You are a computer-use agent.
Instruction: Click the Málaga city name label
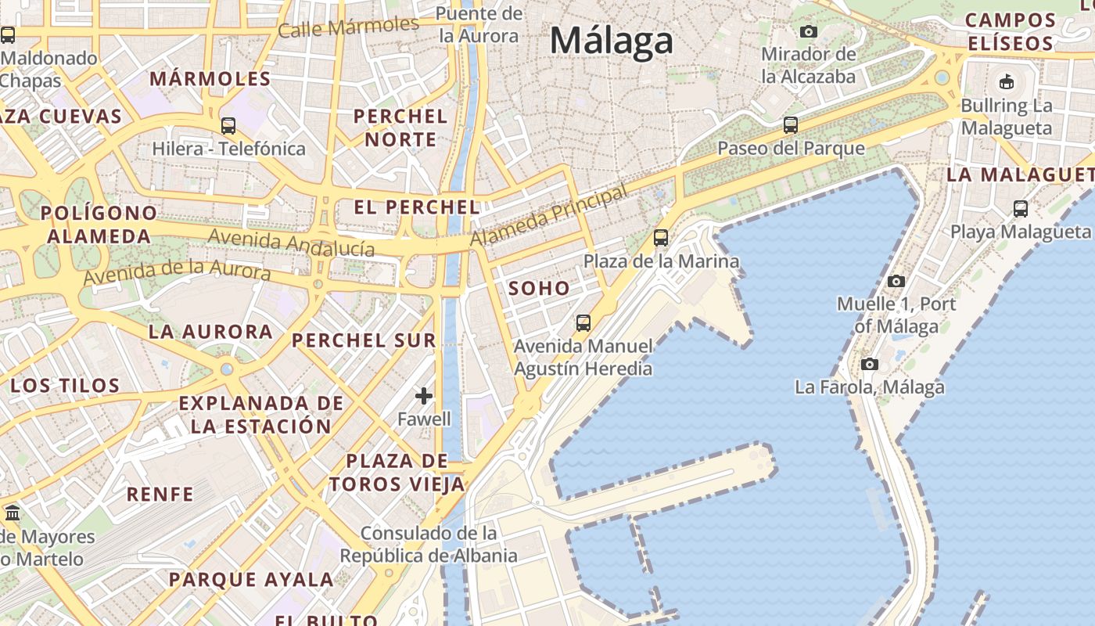pyautogui.click(x=611, y=41)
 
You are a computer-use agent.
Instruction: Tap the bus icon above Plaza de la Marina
pyautogui.click(x=661, y=237)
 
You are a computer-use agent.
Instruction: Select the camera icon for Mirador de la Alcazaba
pyautogui.click(x=809, y=32)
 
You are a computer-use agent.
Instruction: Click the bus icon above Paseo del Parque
pyautogui.click(x=791, y=124)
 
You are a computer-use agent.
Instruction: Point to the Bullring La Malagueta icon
pyautogui.click(x=1007, y=81)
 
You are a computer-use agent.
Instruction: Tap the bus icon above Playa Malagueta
pyautogui.click(x=1021, y=208)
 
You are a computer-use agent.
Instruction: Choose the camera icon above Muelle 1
pyautogui.click(x=896, y=281)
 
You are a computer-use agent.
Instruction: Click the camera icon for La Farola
pyautogui.click(x=869, y=364)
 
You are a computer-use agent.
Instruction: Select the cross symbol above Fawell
pyautogui.click(x=424, y=396)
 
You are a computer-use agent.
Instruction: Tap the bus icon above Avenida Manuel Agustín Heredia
pyautogui.click(x=583, y=322)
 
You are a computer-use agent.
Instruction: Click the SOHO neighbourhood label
pyautogui.click(x=540, y=288)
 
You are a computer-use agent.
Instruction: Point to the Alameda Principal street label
pyautogui.click(x=549, y=215)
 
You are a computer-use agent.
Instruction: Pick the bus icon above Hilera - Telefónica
pyautogui.click(x=228, y=125)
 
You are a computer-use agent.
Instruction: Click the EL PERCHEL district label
pyautogui.click(x=417, y=207)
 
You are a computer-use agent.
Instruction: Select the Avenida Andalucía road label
pyautogui.click(x=291, y=243)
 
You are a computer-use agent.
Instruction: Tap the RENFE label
pyautogui.click(x=160, y=495)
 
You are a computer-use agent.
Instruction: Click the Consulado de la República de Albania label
pyautogui.click(x=429, y=545)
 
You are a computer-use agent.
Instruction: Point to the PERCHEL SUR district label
pyautogui.click(x=364, y=340)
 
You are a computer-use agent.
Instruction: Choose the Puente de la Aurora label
pyautogui.click(x=479, y=24)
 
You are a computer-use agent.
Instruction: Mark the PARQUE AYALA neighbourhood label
pyautogui.click(x=251, y=580)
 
